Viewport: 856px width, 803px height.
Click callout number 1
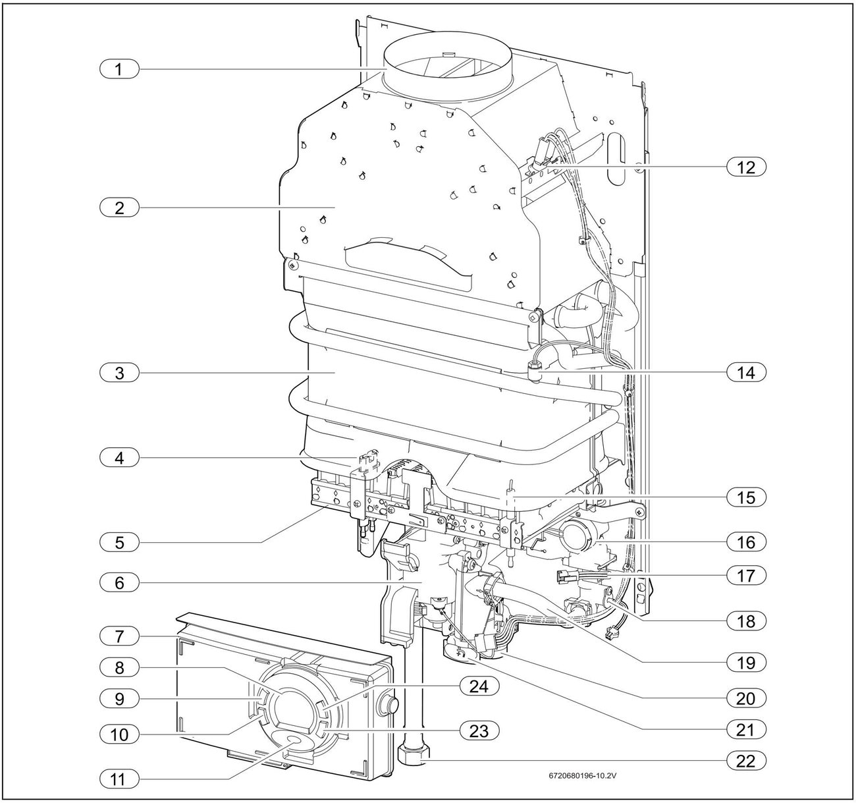pyautogui.click(x=119, y=69)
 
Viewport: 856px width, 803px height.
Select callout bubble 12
pyautogui.click(x=746, y=167)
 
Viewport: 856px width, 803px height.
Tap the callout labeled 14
pyautogui.click(x=746, y=372)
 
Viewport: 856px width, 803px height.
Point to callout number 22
pyautogui.click(x=746, y=761)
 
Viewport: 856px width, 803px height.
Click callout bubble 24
pyautogui.click(x=479, y=687)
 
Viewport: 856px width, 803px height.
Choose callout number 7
pyautogui.click(x=119, y=636)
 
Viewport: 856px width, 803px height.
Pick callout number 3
pyautogui.click(x=119, y=373)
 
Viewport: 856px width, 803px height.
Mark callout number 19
pyautogui.click(x=746, y=661)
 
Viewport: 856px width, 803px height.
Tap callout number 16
pyautogui.click(x=746, y=542)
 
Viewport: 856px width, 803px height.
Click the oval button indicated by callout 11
pyautogui.click(x=294, y=742)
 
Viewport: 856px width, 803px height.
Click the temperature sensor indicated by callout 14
pyautogui.click(x=535, y=374)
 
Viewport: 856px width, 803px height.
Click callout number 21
pyautogui.click(x=746, y=729)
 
